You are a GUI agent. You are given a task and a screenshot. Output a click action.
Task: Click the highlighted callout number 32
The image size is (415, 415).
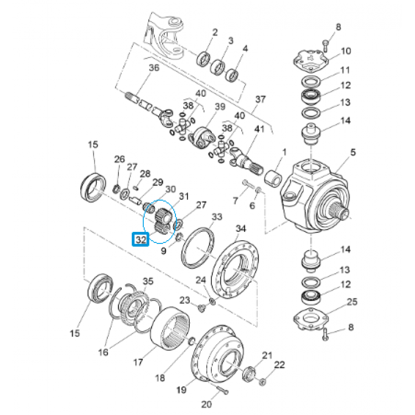141,240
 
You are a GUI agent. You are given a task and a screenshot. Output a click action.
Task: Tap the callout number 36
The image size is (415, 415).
154,68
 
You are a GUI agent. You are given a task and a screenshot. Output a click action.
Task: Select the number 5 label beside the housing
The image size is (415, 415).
353,152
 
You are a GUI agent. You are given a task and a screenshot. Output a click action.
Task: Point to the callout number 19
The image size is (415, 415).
181,390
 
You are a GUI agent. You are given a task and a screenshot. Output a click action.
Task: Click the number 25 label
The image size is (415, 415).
352,302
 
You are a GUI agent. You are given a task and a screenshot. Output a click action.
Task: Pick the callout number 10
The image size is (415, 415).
346,51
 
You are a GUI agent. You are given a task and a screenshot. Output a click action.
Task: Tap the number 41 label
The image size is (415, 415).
259,129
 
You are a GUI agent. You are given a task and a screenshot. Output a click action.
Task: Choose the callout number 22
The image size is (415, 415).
279,365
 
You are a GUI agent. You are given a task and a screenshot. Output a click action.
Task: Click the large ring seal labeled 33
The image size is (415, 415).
198,247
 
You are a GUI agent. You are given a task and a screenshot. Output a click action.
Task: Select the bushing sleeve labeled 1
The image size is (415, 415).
273,178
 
